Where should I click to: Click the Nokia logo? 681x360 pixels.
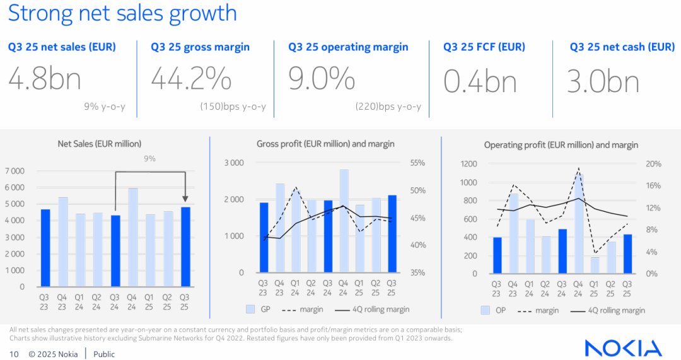(623, 348)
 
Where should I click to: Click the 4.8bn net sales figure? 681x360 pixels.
(45, 80)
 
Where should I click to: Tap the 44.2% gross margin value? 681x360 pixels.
(191, 80)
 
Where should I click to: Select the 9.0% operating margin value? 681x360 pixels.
(322, 80)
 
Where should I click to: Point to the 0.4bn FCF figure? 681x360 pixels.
(480, 81)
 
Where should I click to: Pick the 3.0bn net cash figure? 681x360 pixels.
(603, 81)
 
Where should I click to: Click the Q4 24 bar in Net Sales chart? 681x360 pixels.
(133, 237)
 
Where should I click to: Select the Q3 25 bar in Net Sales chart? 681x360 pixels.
(185, 247)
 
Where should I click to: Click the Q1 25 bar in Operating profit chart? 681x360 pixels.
(593, 265)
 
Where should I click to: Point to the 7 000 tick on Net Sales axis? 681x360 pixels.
(15, 171)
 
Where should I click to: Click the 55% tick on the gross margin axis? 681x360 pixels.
(417, 163)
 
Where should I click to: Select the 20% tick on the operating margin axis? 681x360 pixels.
(654, 164)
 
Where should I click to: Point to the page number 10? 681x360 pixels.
(14, 354)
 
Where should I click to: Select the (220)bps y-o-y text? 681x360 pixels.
(388, 107)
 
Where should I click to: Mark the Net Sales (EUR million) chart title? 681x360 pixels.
(100, 144)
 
